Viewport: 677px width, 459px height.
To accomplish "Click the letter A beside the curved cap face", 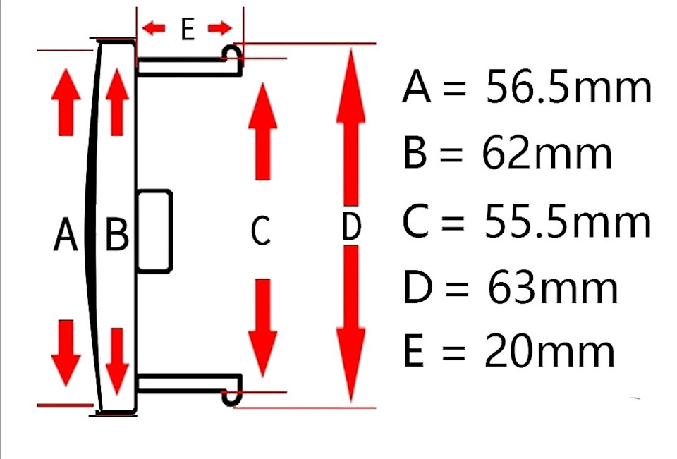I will click(65, 234).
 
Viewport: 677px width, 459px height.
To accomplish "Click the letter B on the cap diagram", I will click(117, 235).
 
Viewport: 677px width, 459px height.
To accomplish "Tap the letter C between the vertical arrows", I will click(261, 231).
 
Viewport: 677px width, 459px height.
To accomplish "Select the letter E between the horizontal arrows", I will click(187, 29).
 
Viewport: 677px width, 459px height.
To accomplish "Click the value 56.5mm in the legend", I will click(568, 88).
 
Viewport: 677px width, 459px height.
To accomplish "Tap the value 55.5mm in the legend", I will click(567, 221).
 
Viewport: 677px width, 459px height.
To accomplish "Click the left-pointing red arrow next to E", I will click(154, 28).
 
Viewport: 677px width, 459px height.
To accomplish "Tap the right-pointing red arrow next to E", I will click(220, 28).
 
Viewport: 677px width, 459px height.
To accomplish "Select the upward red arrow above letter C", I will click(262, 130).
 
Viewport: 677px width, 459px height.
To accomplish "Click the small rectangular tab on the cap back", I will click(154, 231).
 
